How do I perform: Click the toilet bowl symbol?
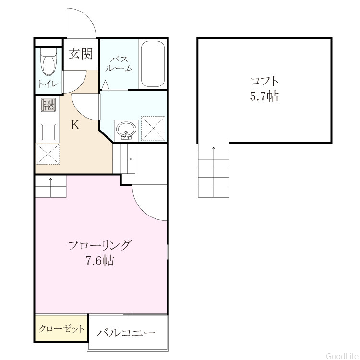[x=48, y=61]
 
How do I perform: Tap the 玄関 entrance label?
[x=81, y=54]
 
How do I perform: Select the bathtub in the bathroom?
[x=153, y=64]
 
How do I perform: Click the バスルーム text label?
[x=119, y=64]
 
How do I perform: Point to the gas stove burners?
[x=48, y=105]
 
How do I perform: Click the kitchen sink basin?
[x=48, y=132]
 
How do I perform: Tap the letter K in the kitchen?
[x=75, y=125]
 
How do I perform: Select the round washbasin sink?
[x=126, y=130]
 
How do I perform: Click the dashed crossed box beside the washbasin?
[x=153, y=129]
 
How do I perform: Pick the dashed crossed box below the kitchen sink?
[x=48, y=154]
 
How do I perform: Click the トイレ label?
[x=48, y=84]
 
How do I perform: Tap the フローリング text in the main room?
[x=100, y=246]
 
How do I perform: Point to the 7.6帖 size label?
[x=100, y=261]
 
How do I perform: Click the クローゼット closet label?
[x=61, y=329]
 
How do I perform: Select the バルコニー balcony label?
[x=126, y=333]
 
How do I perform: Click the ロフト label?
[x=264, y=82]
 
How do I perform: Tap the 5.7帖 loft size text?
[x=264, y=96]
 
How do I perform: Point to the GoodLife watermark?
[x=342, y=356]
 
